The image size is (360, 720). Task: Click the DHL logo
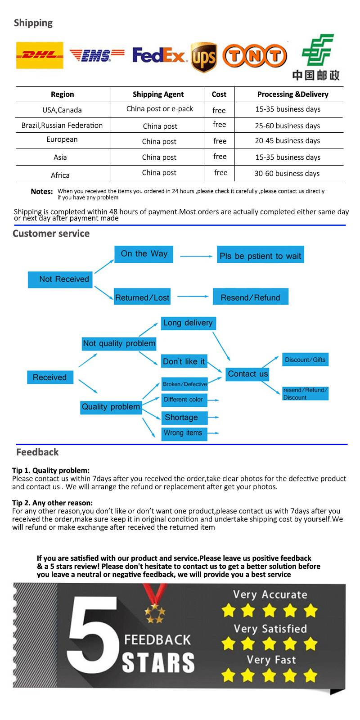pyautogui.click(x=40, y=55)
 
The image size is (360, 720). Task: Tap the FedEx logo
pyautogui.click(x=159, y=56)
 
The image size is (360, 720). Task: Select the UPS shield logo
pyautogui.click(x=204, y=57)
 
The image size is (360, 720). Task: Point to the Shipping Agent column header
pyautogui.click(x=158, y=94)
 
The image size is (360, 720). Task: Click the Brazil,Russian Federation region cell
pyautogui.click(x=62, y=125)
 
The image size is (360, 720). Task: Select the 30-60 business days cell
pyautogui.click(x=287, y=173)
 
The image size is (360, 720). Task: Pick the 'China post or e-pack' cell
pyautogui.click(x=159, y=109)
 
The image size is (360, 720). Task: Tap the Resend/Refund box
pyautogui.click(x=250, y=297)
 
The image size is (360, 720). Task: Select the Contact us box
pyautogui.click(x=247, y=373)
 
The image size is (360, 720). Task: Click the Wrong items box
pyautogui.click(x=184, y=433)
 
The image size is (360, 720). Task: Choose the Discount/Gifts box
pyautogui.click(x=305, y=360)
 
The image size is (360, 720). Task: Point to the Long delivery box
pyautogui.click(x=188, y=323)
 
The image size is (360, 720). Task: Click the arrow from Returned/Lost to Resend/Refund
pyautogui.click(x=193, y=297)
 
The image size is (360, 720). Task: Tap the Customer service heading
pyautogui.click(x=51, y=233)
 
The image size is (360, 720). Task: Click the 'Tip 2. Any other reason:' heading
pyautogui.click(x=52, y=503)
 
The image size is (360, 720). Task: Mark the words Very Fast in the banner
pyautogui.click(x=271, y=660)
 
